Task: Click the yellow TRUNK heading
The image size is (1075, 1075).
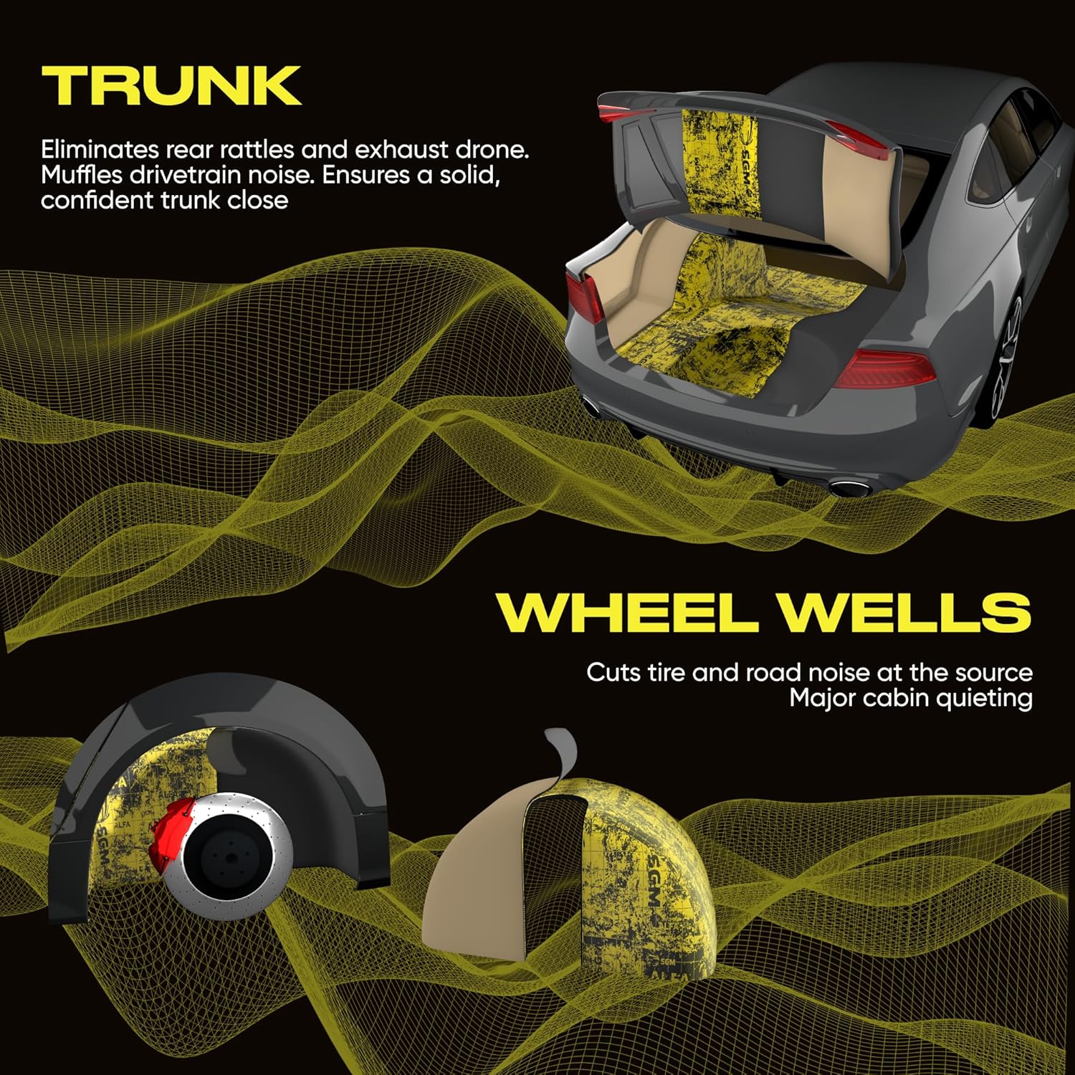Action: point(171,86)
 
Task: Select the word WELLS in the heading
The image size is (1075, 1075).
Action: point(904,613)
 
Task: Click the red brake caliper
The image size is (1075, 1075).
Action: point(171,831)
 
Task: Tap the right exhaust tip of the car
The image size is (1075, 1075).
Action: point(849,489)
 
